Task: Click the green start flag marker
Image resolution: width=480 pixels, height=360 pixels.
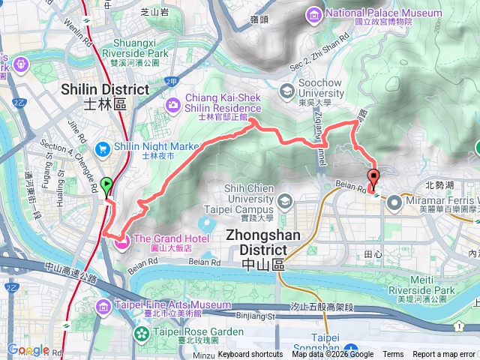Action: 106,184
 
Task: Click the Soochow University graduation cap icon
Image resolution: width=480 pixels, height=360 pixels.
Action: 286,91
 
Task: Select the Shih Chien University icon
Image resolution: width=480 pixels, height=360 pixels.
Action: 285,202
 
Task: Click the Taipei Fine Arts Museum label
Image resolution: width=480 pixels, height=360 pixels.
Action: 172,305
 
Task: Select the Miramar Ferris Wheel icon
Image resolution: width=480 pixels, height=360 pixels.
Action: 395,201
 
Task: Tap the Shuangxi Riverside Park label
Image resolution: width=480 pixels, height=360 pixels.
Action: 145,53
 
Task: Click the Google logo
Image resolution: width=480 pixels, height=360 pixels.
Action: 28,349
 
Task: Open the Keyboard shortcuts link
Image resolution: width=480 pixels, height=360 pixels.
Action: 250,355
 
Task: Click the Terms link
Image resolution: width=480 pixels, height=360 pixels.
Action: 392,355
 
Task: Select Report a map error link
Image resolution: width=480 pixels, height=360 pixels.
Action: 445,355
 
